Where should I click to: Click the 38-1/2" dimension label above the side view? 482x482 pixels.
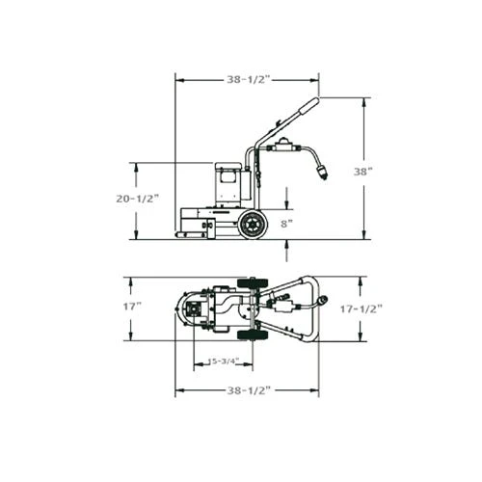(x=248, y=79)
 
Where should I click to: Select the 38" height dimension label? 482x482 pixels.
(x=362, y=172)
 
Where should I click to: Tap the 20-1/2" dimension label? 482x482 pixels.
(x=138, y=199)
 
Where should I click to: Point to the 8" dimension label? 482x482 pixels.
(x=286, y=224)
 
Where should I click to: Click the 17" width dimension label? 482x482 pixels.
(x=132, y=307)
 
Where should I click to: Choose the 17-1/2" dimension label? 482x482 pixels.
(x=361, y=309)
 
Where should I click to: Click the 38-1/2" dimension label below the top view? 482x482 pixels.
(x=248, y=390)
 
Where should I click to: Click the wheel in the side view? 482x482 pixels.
(x=254, y=225)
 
